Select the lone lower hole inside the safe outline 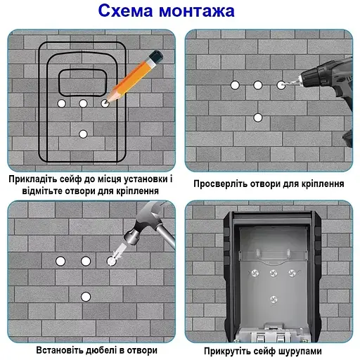[x=83, y=134]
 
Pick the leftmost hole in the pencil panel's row [x=60, y=103]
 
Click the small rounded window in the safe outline [x=82, y=82]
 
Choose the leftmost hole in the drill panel [x=234, y=85]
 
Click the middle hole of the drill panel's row [x=258, y=85]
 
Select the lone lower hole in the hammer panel [x=86, y=296]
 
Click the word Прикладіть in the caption [x=35, y=179]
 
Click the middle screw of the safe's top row [x=271, y=271]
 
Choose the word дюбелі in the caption [x=108, y=349]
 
